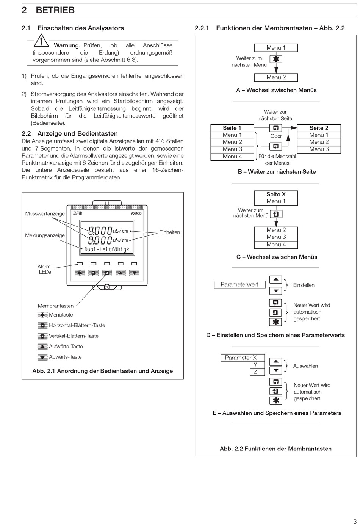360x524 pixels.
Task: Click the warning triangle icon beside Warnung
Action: [41, 41]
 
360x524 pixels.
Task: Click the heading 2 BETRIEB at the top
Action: [48, 10]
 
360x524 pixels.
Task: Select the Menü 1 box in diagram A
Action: [276, 48]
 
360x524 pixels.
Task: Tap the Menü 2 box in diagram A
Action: [276, 77]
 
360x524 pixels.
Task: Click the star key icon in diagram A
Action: [276, 59]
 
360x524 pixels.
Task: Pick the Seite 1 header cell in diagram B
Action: [232, 128]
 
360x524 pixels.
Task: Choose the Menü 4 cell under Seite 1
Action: [232, 157]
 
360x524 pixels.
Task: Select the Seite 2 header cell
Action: [319, 128]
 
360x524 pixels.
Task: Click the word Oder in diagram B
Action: [276, 136]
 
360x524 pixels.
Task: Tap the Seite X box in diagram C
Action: [276, 195]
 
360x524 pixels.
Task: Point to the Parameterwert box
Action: [239, 284]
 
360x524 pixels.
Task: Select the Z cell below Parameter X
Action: [255, 372]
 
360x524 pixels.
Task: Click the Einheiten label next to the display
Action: [169, 232]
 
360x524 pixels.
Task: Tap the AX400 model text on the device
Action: [136, 213]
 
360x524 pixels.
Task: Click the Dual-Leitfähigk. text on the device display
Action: [108, 249]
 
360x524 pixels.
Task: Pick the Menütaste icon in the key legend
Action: [42, 315]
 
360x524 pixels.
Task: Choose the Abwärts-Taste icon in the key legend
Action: [42, 357]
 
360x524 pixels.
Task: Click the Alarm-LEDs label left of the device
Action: [45, 269]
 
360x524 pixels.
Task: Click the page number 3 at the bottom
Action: [355, 521]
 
